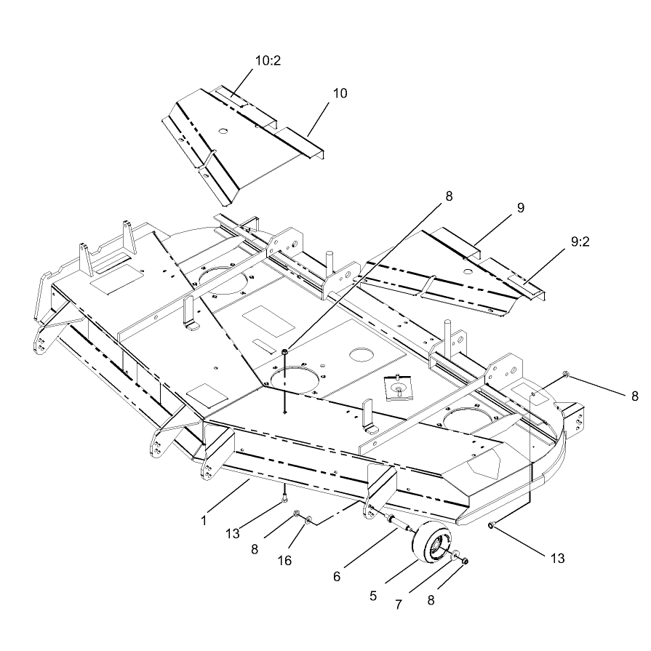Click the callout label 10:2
pyautogui.click(x=268, y=60)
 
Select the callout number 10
pyautogui.click(x=340, y=93)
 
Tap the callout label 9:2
pyautogui.click(x=580, y=241)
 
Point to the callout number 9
pyautogui.click(x=521, y=207)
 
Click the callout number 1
pyautogui.click(x=204, y=521)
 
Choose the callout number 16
pyautogui.click(x=284, y=561)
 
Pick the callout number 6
pyautogui.click(x=337, y=576)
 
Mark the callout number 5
pyautogui.click(x=373, y=596)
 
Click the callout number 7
pyautogui.click(x=399, y=604)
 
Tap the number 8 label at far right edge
pyautogui.click(x=635, y=396)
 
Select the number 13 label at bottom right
pyautogui.click(x=558, y=559)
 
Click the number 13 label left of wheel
pyautogui.click(x=233, y=533)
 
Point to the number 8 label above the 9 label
pyautogui.click(x=449, y=196)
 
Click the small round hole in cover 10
pyautogui.click(x=223, y=131)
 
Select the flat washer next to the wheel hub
pyautogui.click(x=455, y=554)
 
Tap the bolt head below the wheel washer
pyautogui.click(x=465, y=562)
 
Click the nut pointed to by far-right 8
pyautogui.click(x=565, y=375)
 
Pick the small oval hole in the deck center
pyautogui.click(x=362, y=354)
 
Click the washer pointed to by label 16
pyautogui.click(x=308, y=520)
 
